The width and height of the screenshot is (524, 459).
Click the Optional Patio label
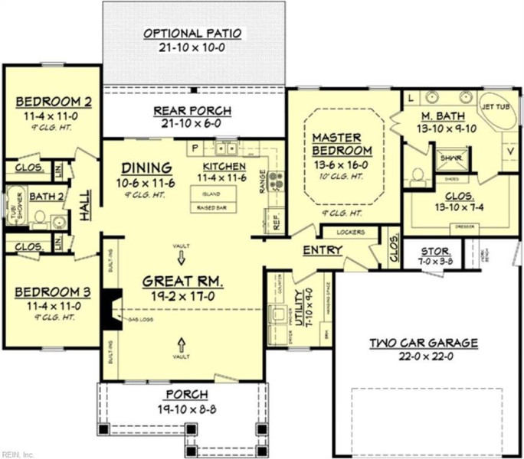pyautogui.click(x=192, y=34)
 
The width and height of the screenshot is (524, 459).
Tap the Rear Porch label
pyautogui.click(x=192, y=111)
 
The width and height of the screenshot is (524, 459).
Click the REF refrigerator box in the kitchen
pyautogui.click(x=277, y=223)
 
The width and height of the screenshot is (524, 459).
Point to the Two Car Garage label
pyautogui.click(x=424, y=343)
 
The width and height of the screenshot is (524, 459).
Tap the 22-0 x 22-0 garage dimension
pyautogui.click(x=424, y=356)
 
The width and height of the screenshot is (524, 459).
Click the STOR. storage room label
pyautogui.click(x=436, y=252)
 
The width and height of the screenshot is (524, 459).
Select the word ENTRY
pyautogui.click(x=323, y=250)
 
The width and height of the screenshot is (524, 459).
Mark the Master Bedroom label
pyautogui.click(x=342, y=143)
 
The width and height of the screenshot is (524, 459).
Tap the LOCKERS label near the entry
pyautogui.click(x=350, y=232)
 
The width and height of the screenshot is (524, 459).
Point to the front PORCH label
pyautogui.click(x=185, y=394)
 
